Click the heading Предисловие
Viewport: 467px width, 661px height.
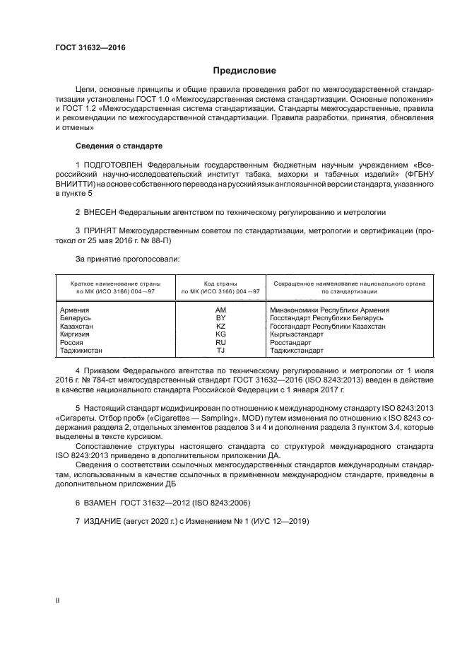click(245, 71)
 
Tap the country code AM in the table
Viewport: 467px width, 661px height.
click(220, 310)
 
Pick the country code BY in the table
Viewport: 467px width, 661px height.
click(220, 318)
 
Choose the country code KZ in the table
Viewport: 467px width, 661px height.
click(220, 327)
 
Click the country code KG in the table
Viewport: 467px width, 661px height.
click(220, 334)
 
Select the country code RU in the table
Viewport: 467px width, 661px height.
click(220, 342)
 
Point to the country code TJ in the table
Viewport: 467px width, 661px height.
click(220, 351)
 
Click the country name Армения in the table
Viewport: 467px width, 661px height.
click(75, 310)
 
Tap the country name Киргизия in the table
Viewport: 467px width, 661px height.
click(76, 334)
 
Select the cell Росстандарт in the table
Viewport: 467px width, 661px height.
click(292, 342)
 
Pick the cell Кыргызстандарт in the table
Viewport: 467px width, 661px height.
click(298, 334)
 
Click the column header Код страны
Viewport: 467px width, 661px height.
click(220, 282)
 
